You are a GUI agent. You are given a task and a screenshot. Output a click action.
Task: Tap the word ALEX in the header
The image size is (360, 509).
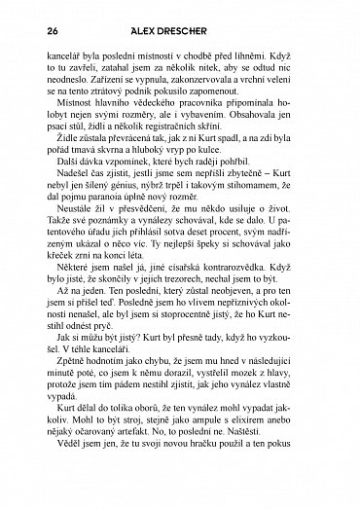pos(154,31)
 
